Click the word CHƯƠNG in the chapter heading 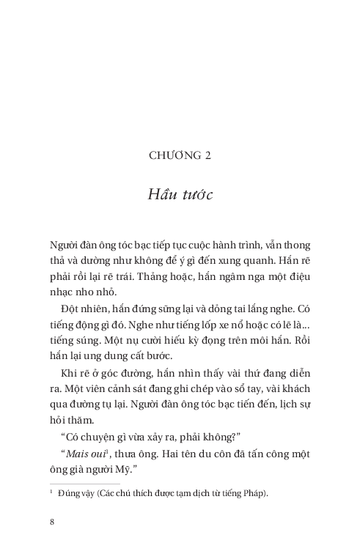click(x=173, y=155)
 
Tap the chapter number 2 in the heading click(x=207, y=155)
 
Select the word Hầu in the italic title click(x=163, y=195)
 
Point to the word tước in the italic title click(x=196, y=195)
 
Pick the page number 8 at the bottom click(x=52, y=522)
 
